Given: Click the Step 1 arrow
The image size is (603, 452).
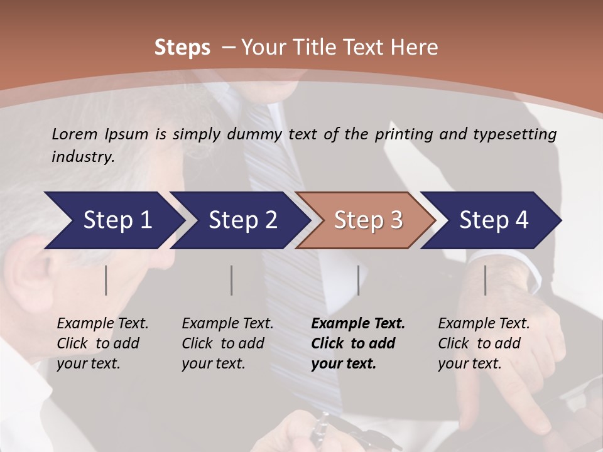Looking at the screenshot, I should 117,220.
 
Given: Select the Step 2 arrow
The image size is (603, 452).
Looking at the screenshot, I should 242,220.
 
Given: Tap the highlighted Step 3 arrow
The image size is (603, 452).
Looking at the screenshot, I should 368,220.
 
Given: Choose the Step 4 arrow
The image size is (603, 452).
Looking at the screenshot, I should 494,220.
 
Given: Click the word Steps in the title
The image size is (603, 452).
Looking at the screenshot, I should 182,47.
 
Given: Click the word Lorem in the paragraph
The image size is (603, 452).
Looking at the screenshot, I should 74,134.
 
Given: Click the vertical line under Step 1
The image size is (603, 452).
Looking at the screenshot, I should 106,280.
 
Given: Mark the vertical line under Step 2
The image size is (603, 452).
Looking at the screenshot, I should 232,280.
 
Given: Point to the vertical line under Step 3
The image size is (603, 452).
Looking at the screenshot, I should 358,280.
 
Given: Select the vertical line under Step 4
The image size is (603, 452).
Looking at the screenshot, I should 485,280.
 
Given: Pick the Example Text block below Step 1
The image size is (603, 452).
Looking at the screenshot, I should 102,343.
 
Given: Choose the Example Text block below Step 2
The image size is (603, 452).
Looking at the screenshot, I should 227,343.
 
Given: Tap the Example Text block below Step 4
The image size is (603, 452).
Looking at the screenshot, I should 484,343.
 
